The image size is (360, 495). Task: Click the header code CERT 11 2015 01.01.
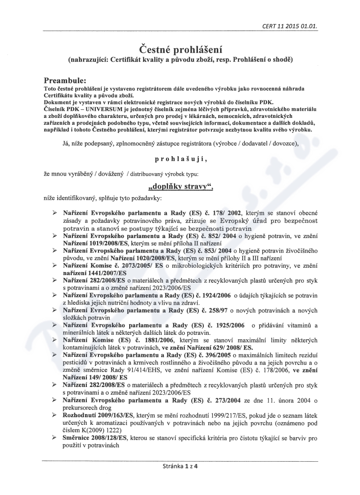[290, 26]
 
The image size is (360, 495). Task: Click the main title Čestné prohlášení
[180, 48]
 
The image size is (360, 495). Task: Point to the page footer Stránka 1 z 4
[180, 466]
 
